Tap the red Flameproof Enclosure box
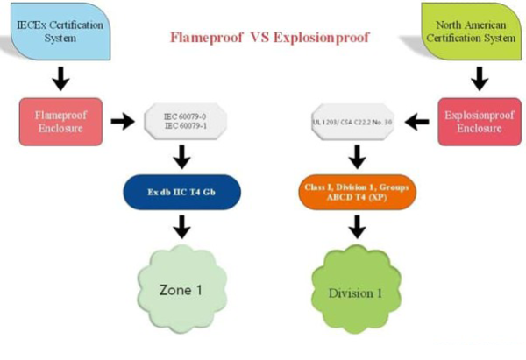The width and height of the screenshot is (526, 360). point(60,121)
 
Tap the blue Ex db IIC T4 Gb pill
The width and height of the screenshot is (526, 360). point(182,192)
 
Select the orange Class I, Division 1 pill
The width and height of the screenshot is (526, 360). point(354,192)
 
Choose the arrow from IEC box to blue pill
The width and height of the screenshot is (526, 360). point(182,157)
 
